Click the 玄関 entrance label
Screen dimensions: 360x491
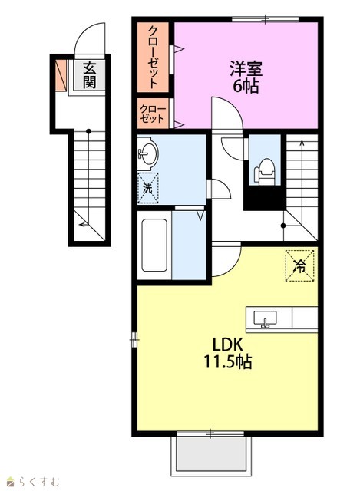(x=89, y=75)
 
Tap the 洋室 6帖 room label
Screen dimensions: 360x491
(x=246, y=77)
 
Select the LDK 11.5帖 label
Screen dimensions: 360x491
(x=228, y=354)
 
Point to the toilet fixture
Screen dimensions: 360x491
(x=265, y=172)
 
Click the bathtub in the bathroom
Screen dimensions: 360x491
(x=154, y=245)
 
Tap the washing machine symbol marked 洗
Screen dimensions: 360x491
(x=147, y=189)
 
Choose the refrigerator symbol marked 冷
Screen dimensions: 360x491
(x=299, y=265)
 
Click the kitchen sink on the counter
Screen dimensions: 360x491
(x=265, y=319)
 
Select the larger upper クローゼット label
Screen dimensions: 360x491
(x=153, y=57)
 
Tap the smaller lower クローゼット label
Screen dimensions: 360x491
(x=152, y=114)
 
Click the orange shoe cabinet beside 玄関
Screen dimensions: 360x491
(x=61, y=75)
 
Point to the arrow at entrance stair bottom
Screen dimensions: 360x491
(x=84, y=224)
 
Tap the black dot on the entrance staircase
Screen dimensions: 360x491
(x=89, y=131)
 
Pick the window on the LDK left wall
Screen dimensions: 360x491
(x=134, y=339)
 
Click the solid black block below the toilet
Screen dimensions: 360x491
(x=265, y=198)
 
